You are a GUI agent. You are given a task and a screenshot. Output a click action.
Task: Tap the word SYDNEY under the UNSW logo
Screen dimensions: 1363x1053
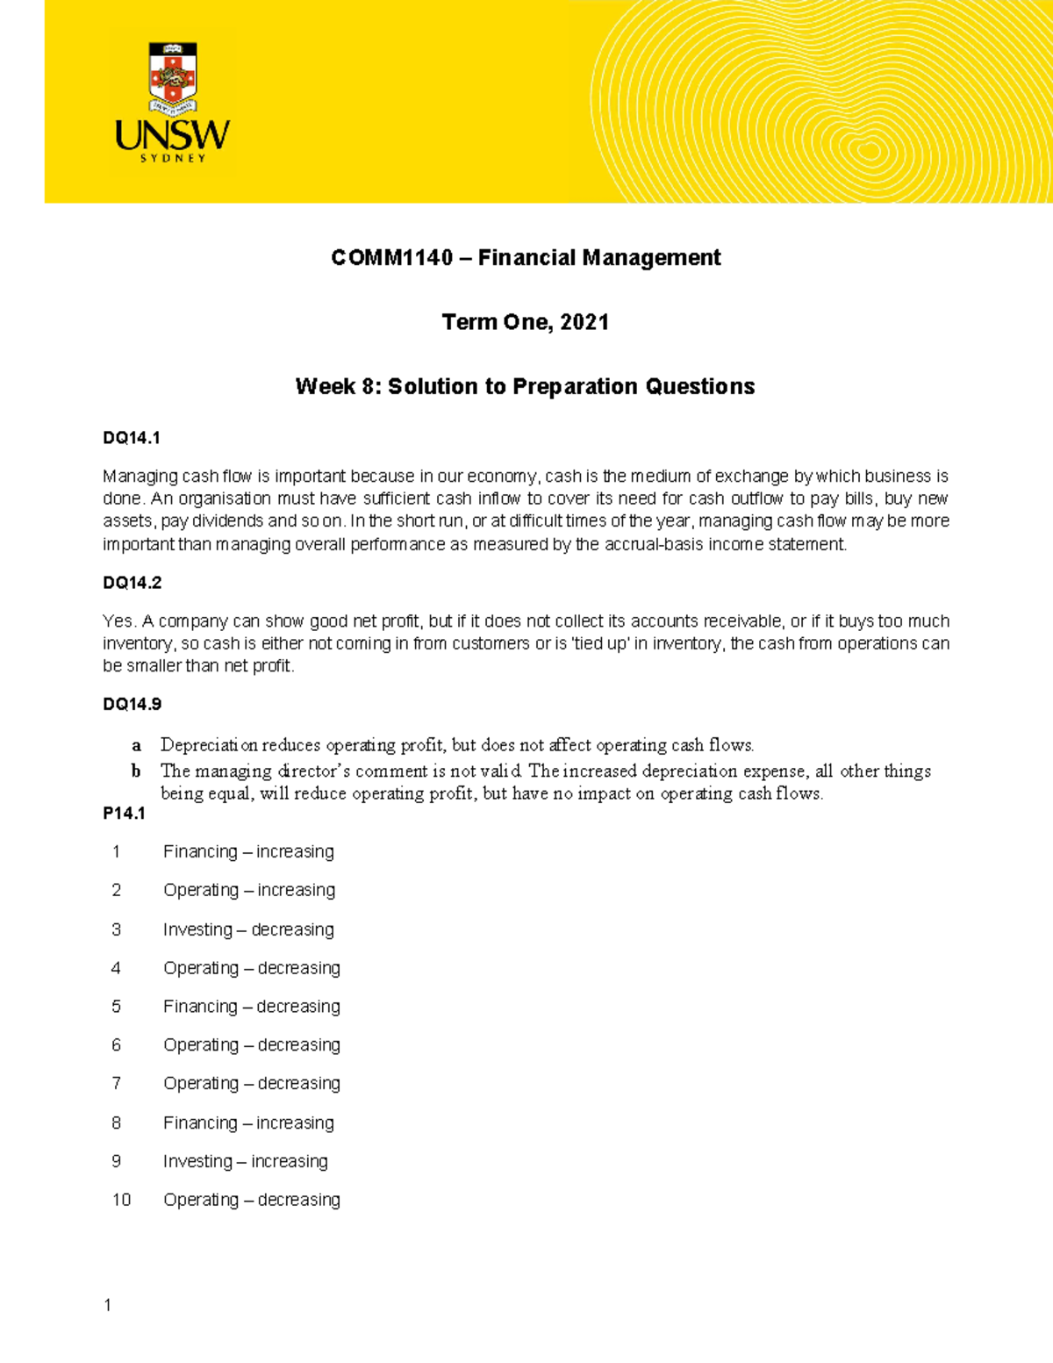point(173,159)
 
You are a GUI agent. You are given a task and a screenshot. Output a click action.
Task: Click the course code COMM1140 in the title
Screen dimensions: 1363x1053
point(391,258)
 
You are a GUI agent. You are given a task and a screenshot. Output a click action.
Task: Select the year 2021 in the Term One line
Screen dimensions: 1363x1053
point(584,322)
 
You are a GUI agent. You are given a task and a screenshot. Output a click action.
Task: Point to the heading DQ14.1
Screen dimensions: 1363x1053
point(132,438)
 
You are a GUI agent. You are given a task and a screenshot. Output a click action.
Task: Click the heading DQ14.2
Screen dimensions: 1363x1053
point(132,583)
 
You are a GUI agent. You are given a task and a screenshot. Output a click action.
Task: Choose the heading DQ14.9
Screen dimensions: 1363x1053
point(132,704)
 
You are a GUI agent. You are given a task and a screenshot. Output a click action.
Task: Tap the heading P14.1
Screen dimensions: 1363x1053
point(124,814)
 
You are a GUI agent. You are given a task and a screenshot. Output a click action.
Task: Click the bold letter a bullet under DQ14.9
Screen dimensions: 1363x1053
point(136,746)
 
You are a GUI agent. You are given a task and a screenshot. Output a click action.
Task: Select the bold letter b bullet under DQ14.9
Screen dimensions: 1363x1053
point(136,771)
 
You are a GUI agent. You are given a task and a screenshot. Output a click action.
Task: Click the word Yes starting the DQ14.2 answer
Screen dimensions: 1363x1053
point(118,621)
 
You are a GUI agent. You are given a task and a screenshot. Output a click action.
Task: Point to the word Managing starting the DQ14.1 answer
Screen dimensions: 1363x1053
point(140,477)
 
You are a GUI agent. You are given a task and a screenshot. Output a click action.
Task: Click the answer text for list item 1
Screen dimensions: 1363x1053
point(248,852)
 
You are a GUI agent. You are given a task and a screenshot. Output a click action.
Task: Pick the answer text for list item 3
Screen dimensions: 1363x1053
point(248,929)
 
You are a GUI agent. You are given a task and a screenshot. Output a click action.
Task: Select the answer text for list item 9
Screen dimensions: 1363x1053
point(246,1162)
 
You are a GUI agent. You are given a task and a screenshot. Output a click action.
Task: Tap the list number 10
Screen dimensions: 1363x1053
point(121,1200)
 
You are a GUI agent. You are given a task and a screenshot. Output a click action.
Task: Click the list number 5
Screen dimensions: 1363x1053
point(116,1007)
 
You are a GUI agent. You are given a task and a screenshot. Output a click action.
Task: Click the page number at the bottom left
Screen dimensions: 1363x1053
point(108,1306)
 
